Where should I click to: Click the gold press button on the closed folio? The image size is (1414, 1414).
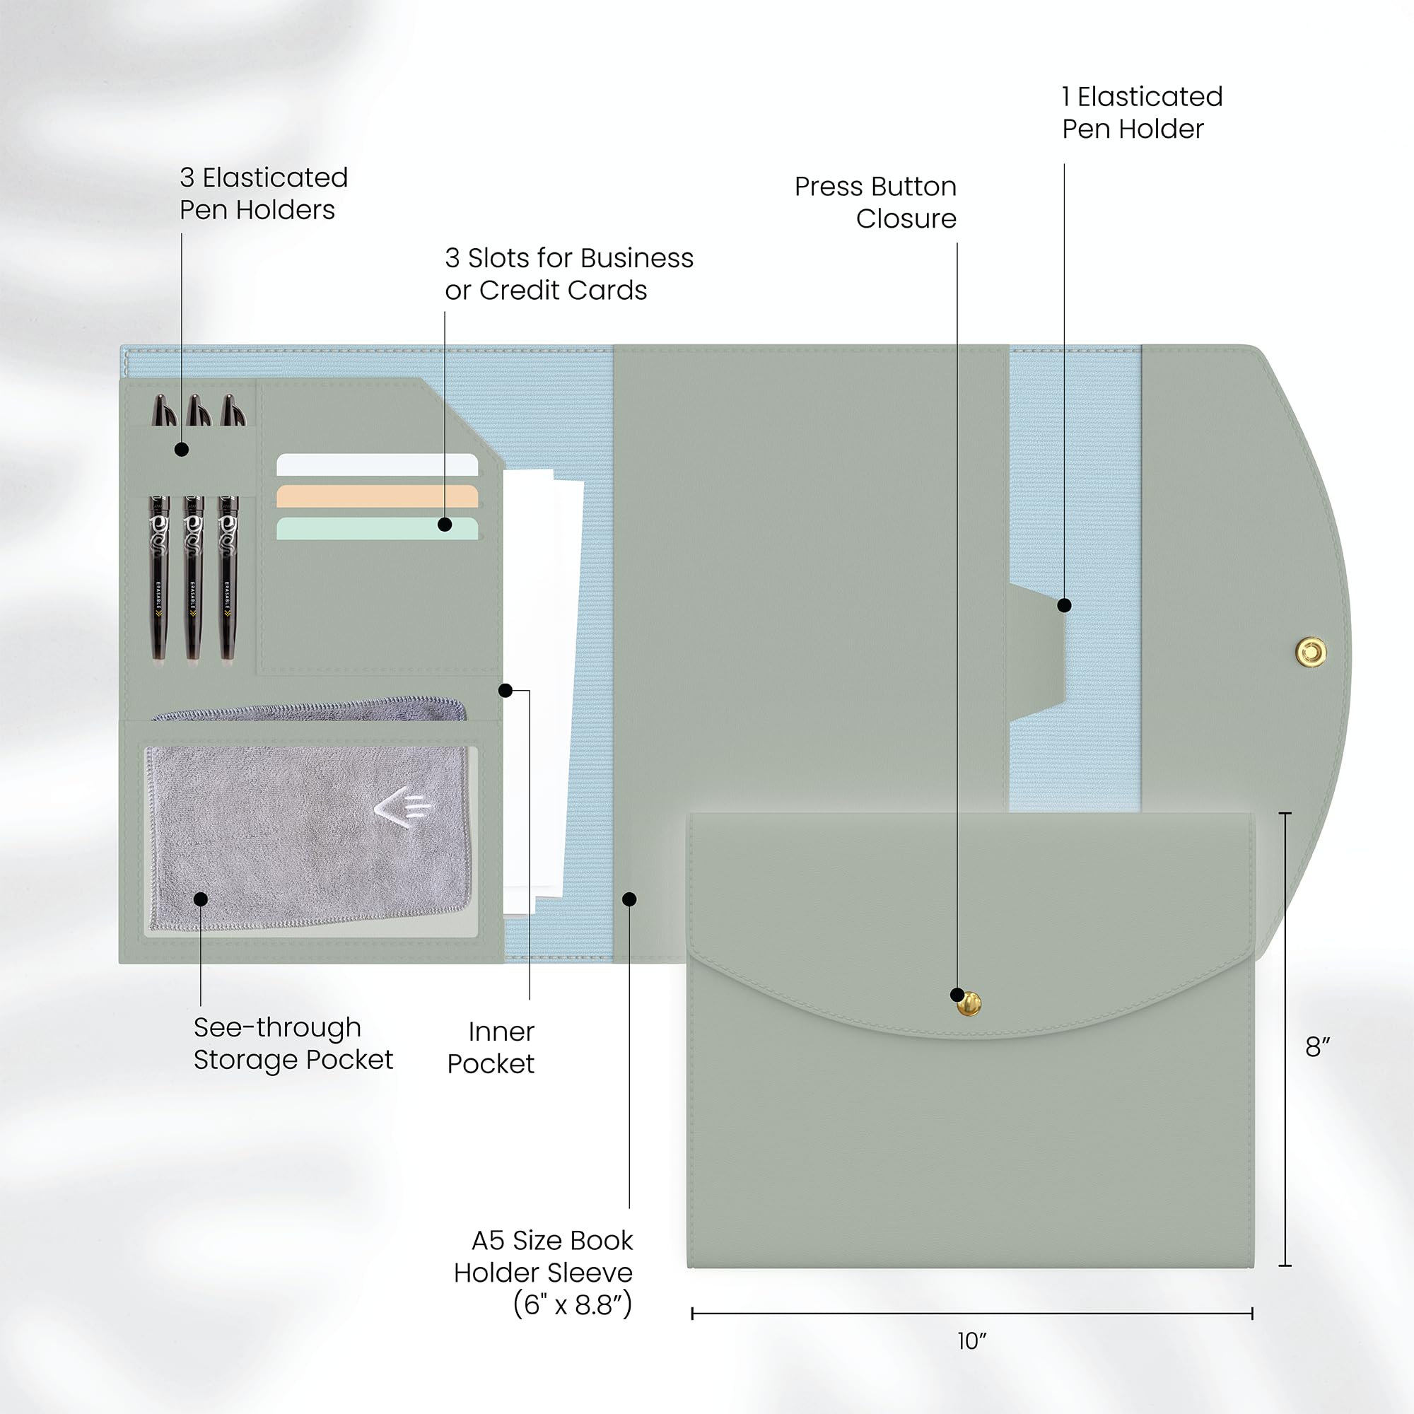tap(969, 1004)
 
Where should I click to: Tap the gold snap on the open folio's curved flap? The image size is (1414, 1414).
tap(1311, 651)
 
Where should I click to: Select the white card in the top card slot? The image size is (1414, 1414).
tap(377, 464)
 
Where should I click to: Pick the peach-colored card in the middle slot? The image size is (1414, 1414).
tap(377, 496)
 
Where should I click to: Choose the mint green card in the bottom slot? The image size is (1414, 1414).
tap(377, 528)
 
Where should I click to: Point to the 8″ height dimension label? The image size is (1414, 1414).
tap(1317, 1046)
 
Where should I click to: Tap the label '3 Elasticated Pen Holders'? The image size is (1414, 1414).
tap(264, 193)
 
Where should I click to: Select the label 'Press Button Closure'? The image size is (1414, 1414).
tap(876, 202)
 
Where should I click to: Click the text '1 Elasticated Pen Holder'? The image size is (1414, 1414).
tap(1143, 112)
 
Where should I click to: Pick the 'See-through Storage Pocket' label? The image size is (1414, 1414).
tap(293, 1044)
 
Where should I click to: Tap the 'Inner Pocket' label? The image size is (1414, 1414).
tap(491, 1047)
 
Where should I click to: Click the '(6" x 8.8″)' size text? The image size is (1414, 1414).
tap(573, 1304)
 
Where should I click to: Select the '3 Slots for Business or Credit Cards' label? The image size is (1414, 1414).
tap(569, 274)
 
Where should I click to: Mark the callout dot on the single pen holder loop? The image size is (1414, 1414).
tap(1065, 605)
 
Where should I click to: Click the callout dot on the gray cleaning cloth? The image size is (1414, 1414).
tap(201, 899)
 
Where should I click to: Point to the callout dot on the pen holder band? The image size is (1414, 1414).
tap(182, 450)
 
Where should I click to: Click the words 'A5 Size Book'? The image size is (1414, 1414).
tap(552, 1240)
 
